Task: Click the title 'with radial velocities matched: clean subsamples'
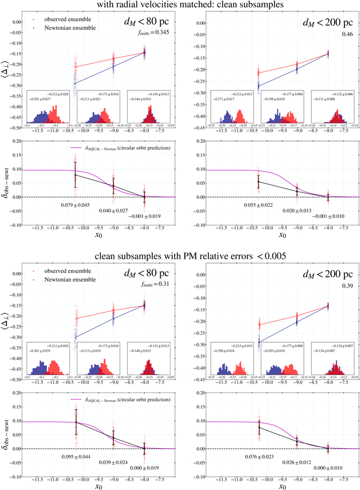[180, 6]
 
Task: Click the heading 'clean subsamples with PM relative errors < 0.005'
[180, 253]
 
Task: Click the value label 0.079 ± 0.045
[76, 205]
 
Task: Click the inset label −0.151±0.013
[157, 346]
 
